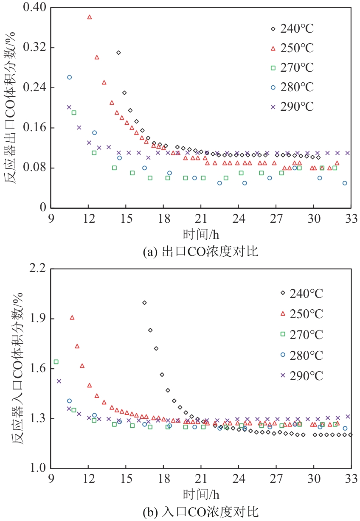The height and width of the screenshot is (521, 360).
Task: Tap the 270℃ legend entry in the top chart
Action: [x=292, y=68]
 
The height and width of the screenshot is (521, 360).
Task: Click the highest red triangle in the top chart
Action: [x=90, y=17]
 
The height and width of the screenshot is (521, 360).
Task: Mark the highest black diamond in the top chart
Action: [x=118, y=53]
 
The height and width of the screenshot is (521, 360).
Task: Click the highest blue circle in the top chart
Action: [x=69, y=77]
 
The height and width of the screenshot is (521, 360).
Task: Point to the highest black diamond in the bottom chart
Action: [x=144, y=303]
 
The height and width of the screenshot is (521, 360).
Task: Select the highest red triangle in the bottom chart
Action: [x=72, y=317]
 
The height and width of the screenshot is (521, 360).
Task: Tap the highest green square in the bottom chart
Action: [x=56, y=362]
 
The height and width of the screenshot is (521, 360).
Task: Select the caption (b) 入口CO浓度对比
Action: [x=200, y=512]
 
